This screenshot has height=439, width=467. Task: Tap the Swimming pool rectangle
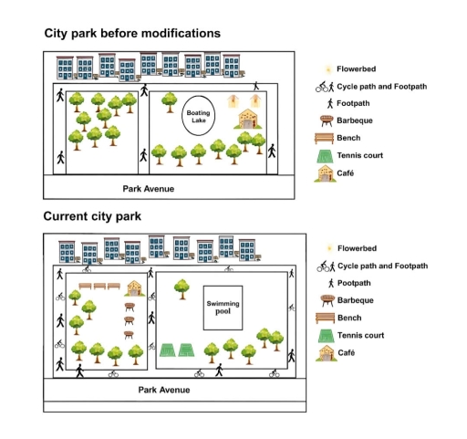click(217, 308)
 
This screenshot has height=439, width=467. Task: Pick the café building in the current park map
click(135, 288)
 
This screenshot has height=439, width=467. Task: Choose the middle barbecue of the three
click(130, 320)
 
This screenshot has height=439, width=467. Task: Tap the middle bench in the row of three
click(99, 286)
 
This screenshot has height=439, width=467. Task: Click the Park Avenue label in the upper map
click(149, 189)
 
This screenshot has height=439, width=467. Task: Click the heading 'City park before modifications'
click(132, 33)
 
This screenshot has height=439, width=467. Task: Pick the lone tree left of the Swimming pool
click(182, 286)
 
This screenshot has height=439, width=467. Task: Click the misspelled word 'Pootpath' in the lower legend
click(357, 283)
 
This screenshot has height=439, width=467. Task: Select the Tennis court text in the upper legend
click(360, 155)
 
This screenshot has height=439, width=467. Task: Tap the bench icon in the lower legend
click(325, 318)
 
